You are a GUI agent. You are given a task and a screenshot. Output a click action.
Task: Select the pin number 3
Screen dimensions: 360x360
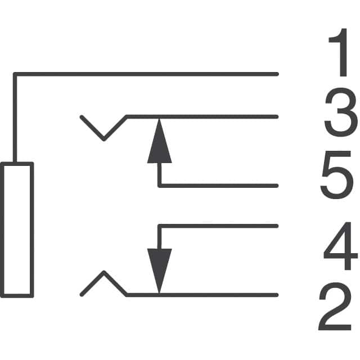pyautogui.click(x=340, y=115)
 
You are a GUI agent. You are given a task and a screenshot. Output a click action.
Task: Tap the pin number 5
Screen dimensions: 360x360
pyautogui.click(x=338, y=177)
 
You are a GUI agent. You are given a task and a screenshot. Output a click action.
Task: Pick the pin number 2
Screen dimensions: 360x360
pyautogui.click(x=337, y=308)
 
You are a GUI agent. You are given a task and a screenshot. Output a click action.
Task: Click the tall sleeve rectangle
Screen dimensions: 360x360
pyautogui.click(x=18, y=229)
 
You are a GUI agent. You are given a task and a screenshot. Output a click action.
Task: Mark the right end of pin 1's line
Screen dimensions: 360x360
pyautogui.click(x=277, y=73)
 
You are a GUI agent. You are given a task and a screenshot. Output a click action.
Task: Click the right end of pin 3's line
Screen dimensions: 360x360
pyautogui.click(x=277, y=117)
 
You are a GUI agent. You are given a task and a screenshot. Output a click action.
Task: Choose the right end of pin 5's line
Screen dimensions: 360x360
pyautogui.click(x=277, y=185)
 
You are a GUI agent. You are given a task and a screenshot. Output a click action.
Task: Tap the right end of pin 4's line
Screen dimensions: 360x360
pyautogui.click(x=277, y=226)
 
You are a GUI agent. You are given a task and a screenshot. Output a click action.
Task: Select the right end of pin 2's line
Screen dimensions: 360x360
pyautogui.click(x=277, y=294)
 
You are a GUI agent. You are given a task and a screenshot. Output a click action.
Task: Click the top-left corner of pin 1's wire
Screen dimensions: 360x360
pyautogui.click(x=14, y=74)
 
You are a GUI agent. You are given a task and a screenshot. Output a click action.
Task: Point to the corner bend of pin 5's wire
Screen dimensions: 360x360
pyautogui.click(x=159, y=185)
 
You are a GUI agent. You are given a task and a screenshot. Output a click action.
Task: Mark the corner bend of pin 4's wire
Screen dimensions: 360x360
pyautogui.click(x=159, y=226)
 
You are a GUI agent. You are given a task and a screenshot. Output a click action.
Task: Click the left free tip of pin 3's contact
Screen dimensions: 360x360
pyautogui.click(x=82, y=118)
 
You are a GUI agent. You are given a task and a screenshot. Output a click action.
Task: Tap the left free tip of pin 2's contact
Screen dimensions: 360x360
pyautogui.click(x=82, y=294)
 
